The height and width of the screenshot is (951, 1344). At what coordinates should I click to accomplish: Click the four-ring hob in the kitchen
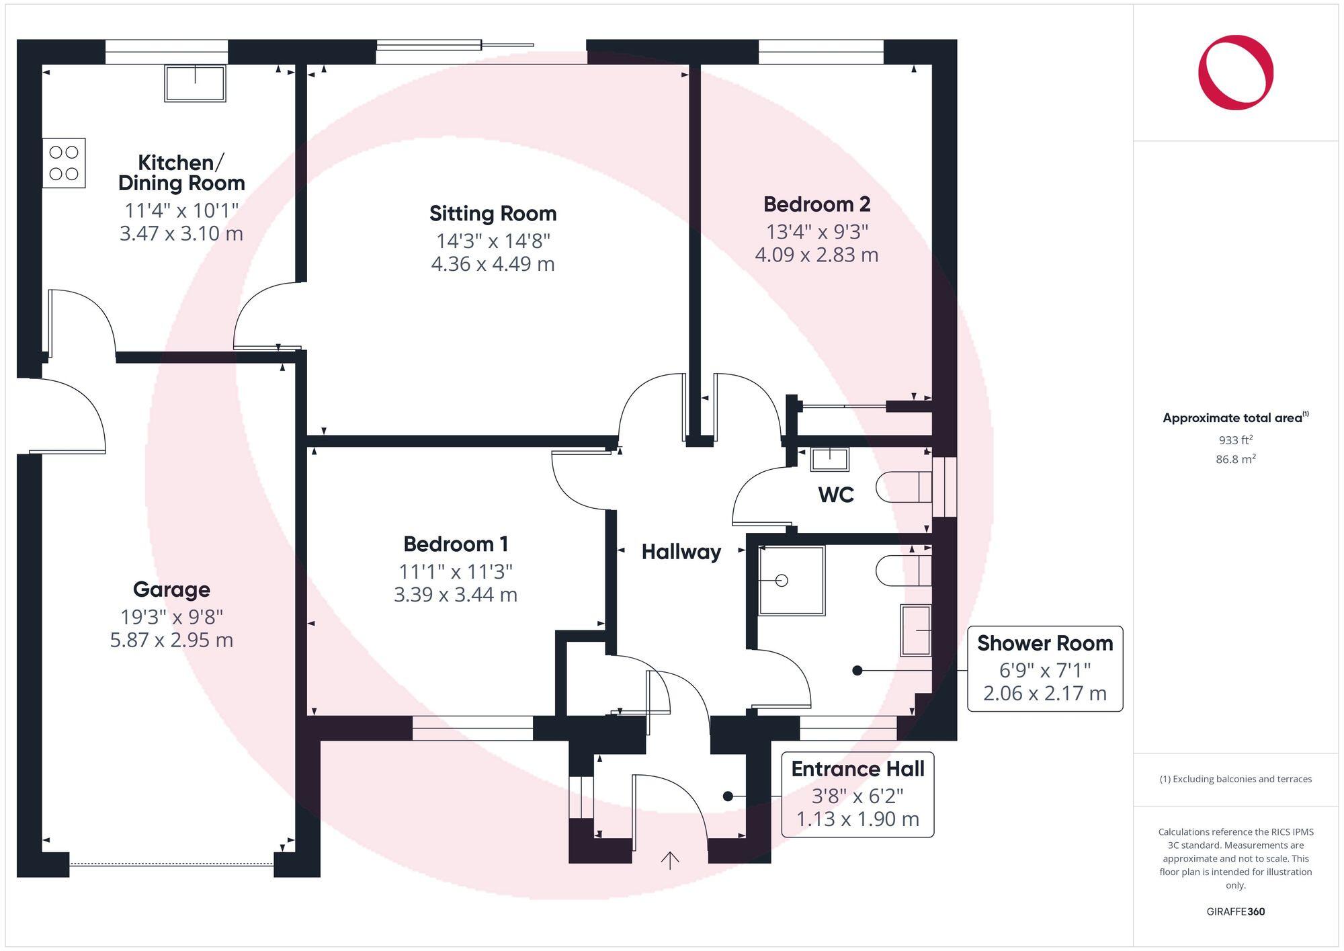coord(64,163)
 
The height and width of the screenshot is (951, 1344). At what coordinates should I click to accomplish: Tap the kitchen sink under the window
coord(195,83)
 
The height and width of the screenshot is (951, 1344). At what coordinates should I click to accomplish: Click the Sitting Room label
coord(493,214)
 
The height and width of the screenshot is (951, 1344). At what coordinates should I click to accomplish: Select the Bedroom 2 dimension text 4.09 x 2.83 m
coord(816,255)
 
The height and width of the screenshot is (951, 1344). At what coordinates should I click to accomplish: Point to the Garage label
coord(171,589)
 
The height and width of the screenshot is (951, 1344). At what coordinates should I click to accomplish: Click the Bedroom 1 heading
coord(456,544)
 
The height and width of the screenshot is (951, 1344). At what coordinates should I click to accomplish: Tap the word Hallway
coord(681,552)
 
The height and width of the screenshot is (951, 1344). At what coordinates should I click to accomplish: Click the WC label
coord(836,495)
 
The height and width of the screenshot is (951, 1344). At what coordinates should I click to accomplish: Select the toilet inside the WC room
coord(903,487)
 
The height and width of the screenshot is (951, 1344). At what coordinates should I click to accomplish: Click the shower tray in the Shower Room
coord(791,581)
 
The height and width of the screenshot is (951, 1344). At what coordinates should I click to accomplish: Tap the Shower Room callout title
coord(1044,643)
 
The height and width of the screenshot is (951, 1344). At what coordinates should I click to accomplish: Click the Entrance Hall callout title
coord(857,769)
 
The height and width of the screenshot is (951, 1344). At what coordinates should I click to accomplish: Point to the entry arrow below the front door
coord(670,860)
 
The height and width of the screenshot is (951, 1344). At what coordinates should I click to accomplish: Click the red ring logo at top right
coord(1235,73)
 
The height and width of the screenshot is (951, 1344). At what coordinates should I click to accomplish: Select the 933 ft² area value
coord(1235,440)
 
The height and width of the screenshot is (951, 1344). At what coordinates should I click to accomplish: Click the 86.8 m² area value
coord(1235,460)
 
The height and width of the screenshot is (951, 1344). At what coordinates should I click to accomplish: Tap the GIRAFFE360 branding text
coord(1235,911)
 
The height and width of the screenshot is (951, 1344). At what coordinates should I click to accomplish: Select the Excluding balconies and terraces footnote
coord(1235,779)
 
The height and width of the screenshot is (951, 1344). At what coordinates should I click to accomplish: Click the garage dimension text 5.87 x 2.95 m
coord(171,639)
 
